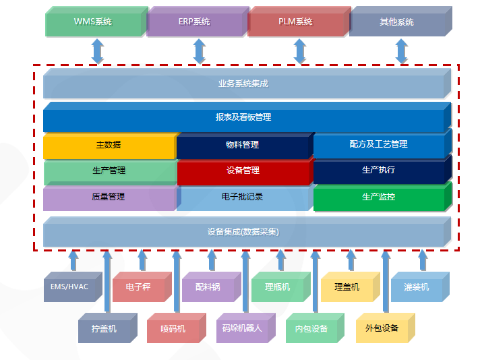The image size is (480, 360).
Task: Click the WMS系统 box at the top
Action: (94, 22)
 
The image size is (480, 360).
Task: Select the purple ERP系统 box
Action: (195, 22)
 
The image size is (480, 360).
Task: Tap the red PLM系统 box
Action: (296, 22)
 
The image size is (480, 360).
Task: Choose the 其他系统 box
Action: (397, 22)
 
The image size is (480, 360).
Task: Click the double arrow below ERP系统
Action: (199, 51)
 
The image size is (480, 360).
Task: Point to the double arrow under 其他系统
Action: (402, 51)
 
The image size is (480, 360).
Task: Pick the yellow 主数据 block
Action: (109, 145)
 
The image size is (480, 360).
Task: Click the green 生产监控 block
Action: (378, 198)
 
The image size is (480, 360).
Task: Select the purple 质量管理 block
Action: (109, 198)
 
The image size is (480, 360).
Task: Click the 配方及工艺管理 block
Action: (378, 144)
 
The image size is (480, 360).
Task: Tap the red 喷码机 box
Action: (173, 329)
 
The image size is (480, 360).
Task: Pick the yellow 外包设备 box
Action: (382, 329)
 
